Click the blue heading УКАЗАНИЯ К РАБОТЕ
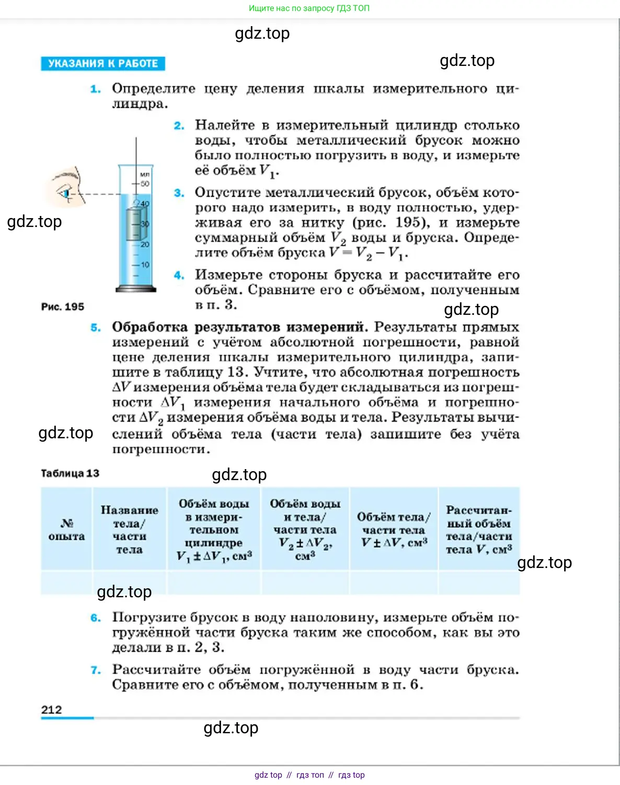[x=103, y=63]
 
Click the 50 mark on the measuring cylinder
[x=144, y=184]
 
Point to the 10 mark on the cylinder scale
[x=145, y=265]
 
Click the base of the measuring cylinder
[x=136, y=288]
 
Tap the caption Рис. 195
[x=63, y=307]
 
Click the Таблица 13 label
[x=70, y=473]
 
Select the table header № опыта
[x=66, y=529]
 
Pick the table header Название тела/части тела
[x=129, y=529]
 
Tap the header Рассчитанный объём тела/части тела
[x=478, y=529]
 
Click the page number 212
[x=51, y=710]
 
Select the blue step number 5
[x=96, y=328]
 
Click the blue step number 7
[x=96, y=670]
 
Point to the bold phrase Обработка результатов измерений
[x=238, y=327]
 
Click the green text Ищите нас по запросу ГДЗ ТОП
[x=309, y=8]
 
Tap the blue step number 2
[x=179, y=126]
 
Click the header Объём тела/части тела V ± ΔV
[x=394, y=529]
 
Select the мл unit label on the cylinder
[x=145, y=174]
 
